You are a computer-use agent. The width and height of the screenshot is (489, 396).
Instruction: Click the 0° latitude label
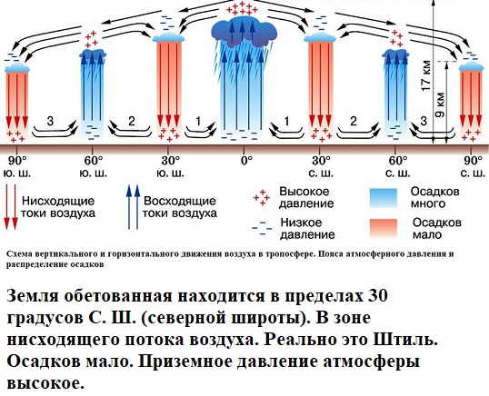click(246, 161)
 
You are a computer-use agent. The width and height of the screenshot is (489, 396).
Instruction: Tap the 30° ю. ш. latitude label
click(170, 167)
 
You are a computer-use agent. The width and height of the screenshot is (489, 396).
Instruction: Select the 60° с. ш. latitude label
click(397, 167)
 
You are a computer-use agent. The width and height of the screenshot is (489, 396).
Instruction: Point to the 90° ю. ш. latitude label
click(17, 167)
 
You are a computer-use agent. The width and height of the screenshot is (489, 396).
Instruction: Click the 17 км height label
click(425, 75)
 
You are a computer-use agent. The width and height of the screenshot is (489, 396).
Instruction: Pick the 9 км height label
click(440, 104)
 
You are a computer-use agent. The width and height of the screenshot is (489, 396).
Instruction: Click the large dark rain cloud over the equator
click(244, 31)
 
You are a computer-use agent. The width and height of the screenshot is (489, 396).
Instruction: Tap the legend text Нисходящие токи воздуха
click(58, 207)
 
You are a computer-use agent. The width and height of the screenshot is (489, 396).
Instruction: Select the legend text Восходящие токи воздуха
click(180, 207)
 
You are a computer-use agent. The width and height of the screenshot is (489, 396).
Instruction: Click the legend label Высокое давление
click(306, 197)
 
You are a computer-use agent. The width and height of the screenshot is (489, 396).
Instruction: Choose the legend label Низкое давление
click(307, 228)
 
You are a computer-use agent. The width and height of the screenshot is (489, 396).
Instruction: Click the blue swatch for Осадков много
click(384, 197)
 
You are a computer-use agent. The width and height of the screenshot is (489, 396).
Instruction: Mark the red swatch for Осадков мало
click(384, 228)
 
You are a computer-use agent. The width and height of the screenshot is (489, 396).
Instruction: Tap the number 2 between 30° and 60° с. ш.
click(353, 121)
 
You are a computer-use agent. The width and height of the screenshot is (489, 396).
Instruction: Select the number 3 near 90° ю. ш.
click(50, 121)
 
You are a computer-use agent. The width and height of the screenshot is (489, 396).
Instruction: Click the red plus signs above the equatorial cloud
click(243, 8)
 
